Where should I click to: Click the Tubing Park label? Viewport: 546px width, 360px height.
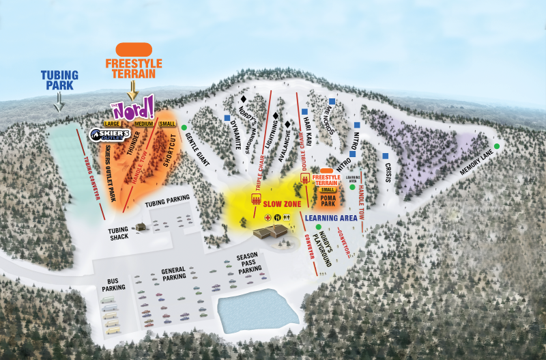pyautogui.click(x=59, y=81)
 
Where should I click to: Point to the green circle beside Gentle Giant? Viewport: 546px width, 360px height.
pyautogui.click(x=184, y=128)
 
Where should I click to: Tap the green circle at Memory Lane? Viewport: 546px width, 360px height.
pyautogui.click(x=497, y=146)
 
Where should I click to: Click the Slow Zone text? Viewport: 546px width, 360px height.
pyautogui.click(x=283, y=204)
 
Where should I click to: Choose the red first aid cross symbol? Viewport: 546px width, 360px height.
pyautogui.click(x=268, y=217)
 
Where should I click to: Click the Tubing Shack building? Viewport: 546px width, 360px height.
pyautogui.click(x=141, y=226)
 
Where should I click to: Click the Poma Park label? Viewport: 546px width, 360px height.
pyautogui.click(x=328, y=201)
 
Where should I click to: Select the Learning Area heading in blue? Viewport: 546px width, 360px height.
pyautogui.click(x=332, y=218)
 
